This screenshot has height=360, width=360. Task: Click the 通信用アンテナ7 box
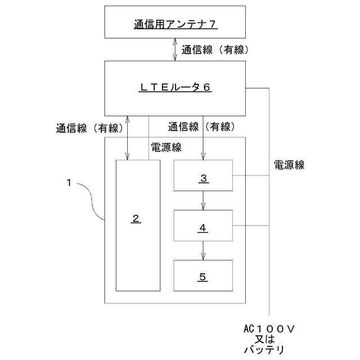click(174, 24)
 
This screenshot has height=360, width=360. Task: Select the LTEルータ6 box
click(174, 88)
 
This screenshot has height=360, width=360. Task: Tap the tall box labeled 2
click(137, 225)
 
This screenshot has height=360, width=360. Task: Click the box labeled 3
click(203, 175)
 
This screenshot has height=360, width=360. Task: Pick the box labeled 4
click(203, 227)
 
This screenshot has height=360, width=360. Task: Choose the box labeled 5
click(203, 276)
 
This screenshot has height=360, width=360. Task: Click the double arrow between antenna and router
click(175, 49)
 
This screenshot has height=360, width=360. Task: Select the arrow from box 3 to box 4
click(203, 200)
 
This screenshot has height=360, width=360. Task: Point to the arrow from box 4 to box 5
click(203, 251)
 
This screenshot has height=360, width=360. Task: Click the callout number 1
click(68, 182)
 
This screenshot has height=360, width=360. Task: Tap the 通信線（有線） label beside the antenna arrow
click(214, 49)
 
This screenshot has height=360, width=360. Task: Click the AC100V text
click(270, 328)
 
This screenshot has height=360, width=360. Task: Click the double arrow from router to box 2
click(129, 138)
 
